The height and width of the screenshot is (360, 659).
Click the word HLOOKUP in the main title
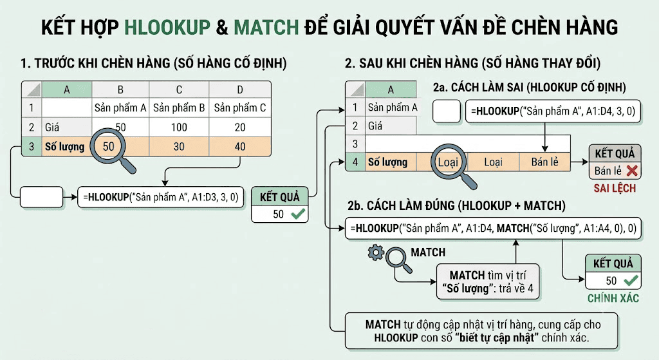(x=167, y=27)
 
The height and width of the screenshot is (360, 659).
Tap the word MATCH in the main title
(x=266, y=27)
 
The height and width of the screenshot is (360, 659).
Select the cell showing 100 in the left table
(x=179, y=127)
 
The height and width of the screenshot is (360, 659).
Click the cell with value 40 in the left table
(x=240, y=146)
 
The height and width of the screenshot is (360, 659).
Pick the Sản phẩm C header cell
(x=240, y=108)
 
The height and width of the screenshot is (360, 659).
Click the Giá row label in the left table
(x=52, y=127)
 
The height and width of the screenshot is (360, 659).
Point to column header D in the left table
(x=240, y=90)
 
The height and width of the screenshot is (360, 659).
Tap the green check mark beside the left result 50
(x=298, y=214)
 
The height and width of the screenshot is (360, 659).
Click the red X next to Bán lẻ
(x=632, y=170)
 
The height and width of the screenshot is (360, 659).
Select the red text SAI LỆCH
(x=615, y=188)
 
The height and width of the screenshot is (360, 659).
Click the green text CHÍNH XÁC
(x=613, y=298)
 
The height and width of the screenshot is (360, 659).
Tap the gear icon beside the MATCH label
(x=375, y=252)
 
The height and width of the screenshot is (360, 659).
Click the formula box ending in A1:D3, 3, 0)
(x=160, y=197)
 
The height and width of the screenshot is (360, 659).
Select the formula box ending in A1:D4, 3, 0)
(x=553, y=111)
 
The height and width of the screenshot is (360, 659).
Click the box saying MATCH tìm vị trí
(x=488, y=282)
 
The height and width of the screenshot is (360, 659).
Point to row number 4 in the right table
(x=355, y=162)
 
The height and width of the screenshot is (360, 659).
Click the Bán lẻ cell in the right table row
(x=544, y=162)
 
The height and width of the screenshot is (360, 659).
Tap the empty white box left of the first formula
(x=42, y=197)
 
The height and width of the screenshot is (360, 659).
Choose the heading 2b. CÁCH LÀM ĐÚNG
(x=456, y=205)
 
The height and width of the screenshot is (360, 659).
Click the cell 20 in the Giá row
(x=240, y=127)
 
